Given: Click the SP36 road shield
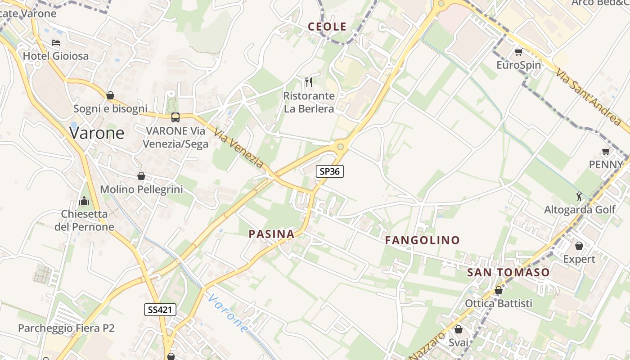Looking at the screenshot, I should coord(329,171).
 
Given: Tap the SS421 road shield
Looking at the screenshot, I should coord(160,309).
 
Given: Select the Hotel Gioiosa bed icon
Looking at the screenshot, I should coord(56,43).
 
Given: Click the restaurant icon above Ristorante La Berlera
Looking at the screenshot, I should coord(309,82).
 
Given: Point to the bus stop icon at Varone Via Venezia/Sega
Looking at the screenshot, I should coord(175,117).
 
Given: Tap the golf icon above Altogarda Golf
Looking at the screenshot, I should coord(579,196).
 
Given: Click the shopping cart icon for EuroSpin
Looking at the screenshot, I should coord(518,52).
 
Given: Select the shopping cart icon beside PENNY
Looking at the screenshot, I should coord(606,152).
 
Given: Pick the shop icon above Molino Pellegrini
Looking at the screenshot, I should coord(141,176).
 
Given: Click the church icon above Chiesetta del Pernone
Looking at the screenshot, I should coord(84,201).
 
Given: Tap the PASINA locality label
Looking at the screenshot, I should coord(272,234).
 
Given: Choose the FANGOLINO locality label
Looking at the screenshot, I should coord(422,240).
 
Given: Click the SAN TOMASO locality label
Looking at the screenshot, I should coord(508,272).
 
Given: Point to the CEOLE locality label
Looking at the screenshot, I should coord(327,27).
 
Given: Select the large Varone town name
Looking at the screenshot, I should coord(97,133).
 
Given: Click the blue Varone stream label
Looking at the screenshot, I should coord(228,313).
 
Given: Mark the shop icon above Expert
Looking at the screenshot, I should coord(579,246).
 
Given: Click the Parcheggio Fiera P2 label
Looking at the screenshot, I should coord(66,328).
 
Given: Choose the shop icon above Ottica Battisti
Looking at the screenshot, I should coord(498,291).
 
